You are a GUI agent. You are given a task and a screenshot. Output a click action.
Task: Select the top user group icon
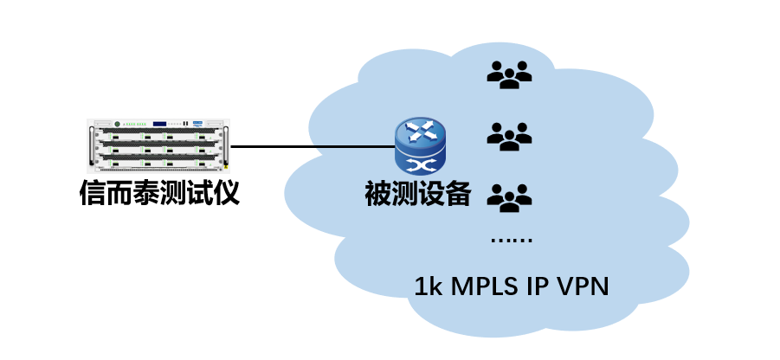(509, 74)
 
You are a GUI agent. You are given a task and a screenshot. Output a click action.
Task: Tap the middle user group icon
(509, 136)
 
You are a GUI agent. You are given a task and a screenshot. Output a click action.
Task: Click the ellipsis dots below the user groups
(510, 240)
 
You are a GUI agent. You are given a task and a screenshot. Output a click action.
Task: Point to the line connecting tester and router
(313, 147)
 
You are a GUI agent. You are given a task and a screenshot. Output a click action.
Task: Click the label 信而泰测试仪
(159, 193)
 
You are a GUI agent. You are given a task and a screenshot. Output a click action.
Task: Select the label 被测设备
(418, 194)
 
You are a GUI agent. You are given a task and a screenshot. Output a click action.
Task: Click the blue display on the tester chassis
(159, 124)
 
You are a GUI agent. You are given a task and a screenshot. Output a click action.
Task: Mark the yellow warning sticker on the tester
(227, 167)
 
